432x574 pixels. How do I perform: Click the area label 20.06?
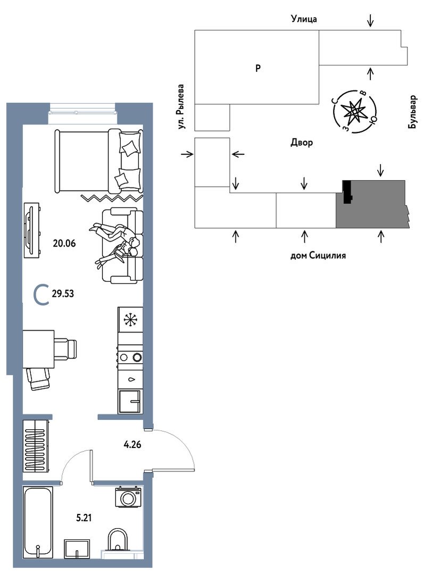click(64, 243)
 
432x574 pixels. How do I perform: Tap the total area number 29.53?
click(63, 294)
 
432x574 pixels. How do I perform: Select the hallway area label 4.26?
click(132, 445)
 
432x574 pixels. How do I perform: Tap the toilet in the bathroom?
click(118, 540)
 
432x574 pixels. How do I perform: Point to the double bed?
click(98, 161)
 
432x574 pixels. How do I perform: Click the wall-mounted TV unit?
click(31, 230)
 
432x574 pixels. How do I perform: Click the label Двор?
click(302, 142)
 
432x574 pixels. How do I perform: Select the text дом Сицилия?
click(318, 255)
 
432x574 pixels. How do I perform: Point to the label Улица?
click(304, 19)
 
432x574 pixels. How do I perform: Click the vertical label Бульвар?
click(412, 112)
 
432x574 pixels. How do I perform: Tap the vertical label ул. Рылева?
click(180, 106)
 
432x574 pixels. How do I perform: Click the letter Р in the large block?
click(258, 68)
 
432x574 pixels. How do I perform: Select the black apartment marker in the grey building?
click(347, 192)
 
